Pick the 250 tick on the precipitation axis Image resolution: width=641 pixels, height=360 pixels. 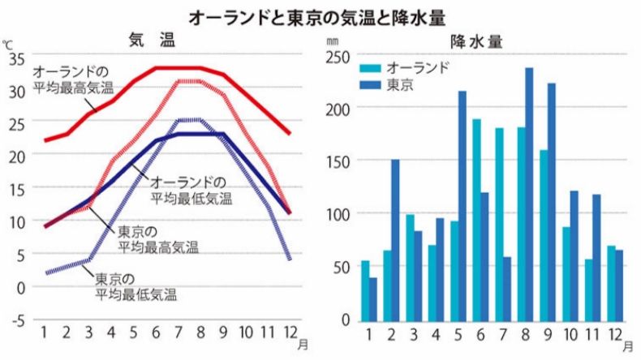click(338, 56)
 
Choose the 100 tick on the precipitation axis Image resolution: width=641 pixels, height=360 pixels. click(338, 214)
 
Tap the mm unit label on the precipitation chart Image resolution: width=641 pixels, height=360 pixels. click(333, 40)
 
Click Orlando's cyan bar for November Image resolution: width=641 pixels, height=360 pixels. click(588, 289)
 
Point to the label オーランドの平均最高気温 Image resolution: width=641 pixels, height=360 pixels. click(73, 79)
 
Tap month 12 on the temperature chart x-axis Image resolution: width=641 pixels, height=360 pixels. click(288, 333)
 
